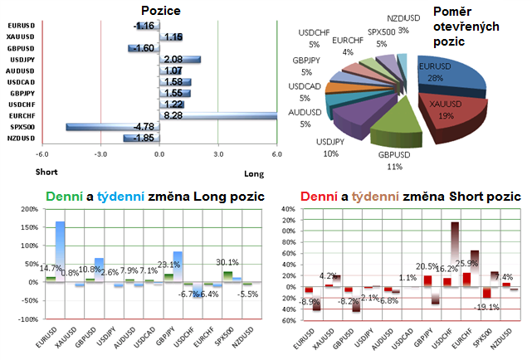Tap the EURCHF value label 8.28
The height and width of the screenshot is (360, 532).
click(x=174, y=116)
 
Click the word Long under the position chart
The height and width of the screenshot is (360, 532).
click(x=253, y=174)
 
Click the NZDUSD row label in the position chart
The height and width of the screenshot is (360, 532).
click(x=21, y=138)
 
